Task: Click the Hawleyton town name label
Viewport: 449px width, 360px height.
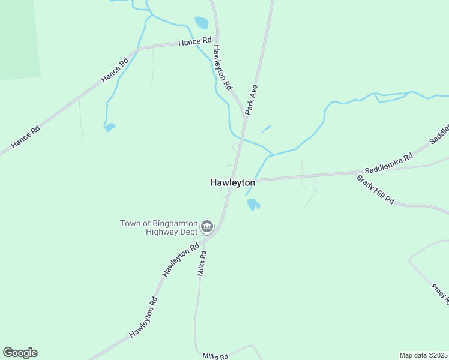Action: (233, 183)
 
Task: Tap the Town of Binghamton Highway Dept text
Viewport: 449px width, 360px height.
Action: (158, 227)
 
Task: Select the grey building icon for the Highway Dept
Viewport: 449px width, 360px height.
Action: (207, 227)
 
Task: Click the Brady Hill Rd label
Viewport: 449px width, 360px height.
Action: (375, 189)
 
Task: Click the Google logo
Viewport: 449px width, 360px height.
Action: (20, 353)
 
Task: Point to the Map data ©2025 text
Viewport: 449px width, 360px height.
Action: (423, 355)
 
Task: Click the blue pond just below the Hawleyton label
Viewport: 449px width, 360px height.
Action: (253, 205)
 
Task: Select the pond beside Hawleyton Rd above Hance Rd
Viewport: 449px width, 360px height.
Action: (201, 23)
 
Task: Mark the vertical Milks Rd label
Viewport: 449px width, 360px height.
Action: (202, 263)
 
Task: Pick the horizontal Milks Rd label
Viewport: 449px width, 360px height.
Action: (215, 356)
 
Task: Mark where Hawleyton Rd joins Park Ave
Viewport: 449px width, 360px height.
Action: (244, 115)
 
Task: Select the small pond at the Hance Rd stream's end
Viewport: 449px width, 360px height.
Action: (109, 127)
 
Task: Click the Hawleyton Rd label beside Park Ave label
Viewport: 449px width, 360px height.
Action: (222, 68)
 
